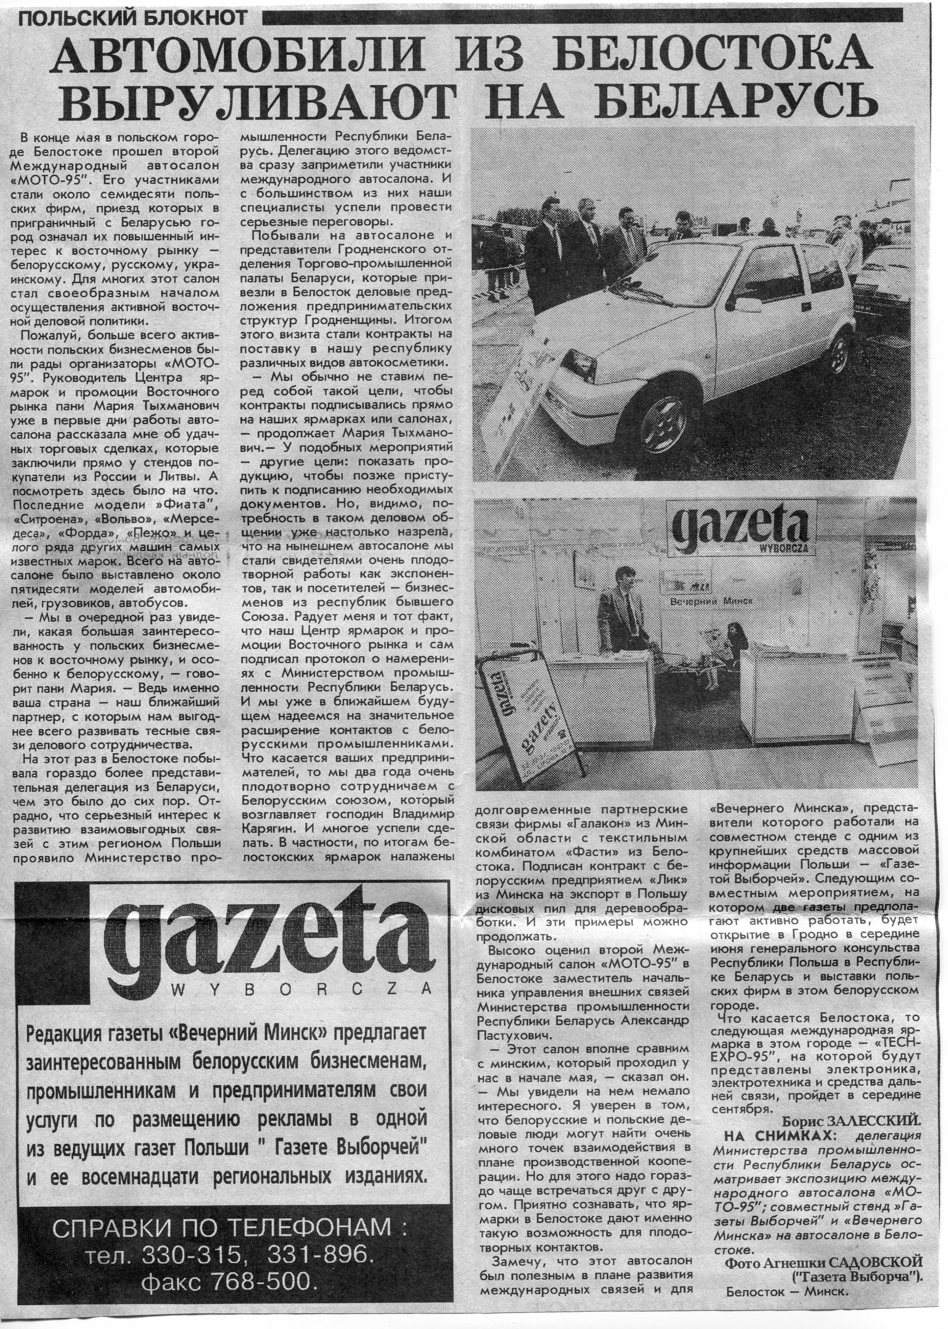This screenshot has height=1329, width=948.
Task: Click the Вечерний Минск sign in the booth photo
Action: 711,600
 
